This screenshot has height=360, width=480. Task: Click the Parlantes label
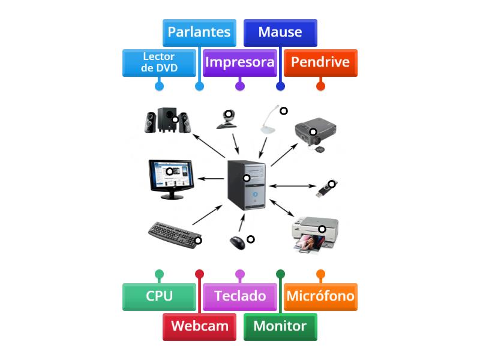tap(199, 32)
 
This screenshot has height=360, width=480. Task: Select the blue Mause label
tap(280, 32)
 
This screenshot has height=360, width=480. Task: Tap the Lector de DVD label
tap(159, 62)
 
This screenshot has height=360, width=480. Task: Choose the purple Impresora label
tap(239, 62)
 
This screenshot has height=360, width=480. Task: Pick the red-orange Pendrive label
tap(320, 62)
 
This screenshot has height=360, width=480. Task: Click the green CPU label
tap(159, 296)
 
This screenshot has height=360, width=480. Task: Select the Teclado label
tap(239, 296)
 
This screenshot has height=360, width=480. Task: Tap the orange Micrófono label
tap(320, 296)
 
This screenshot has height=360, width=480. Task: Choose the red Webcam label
tap(199, 326)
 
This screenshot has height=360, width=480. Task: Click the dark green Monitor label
tap(280, 326)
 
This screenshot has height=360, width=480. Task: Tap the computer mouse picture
tap(238, 242)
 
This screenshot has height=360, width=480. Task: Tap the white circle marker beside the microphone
tap(284, 111)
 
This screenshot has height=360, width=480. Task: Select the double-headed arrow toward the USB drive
tap(291, 185)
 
